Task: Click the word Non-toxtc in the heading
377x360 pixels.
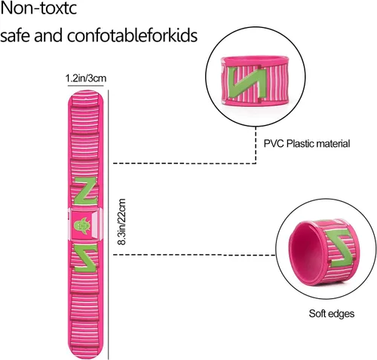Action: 38,8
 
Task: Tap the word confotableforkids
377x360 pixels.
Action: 132,35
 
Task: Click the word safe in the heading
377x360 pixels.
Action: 16,35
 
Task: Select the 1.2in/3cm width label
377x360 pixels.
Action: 86,78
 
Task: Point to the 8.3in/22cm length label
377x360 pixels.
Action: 121,222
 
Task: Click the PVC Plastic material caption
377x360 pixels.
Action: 307,144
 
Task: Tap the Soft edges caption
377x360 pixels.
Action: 332,313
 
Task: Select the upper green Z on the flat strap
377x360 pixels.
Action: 85,191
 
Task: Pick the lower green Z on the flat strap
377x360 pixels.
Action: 85,258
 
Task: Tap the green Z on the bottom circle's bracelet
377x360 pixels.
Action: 341,249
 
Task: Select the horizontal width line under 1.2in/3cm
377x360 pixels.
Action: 86,86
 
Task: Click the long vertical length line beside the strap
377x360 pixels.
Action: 109,224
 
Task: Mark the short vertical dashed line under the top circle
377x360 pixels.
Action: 256,145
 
